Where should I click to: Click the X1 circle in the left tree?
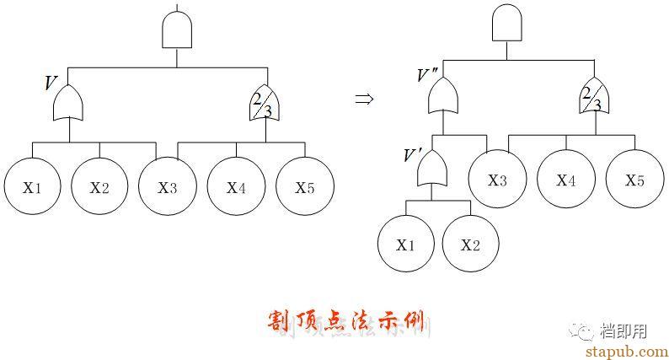coord(32,187)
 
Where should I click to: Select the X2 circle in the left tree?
coord(99,187)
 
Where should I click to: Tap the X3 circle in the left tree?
coord(168,187)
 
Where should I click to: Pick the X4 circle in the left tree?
coord(236,187)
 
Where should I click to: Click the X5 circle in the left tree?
coord(304,187)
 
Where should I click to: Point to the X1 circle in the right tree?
coord(405,245)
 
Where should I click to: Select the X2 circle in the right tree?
coord(470,245)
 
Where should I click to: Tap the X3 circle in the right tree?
coord(497,180)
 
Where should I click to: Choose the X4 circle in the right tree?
coord(566,180)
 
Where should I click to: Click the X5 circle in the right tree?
coord(634,180)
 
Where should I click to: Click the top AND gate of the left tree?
coord(177,31)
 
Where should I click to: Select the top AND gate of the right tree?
coord(506,24)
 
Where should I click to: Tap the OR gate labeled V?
coord(68,105)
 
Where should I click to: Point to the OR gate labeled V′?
coord(432,172)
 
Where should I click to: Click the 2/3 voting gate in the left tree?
coord(265,103)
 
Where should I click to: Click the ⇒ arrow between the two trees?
coord(363,99)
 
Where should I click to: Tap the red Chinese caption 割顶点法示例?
coord(350,321)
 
